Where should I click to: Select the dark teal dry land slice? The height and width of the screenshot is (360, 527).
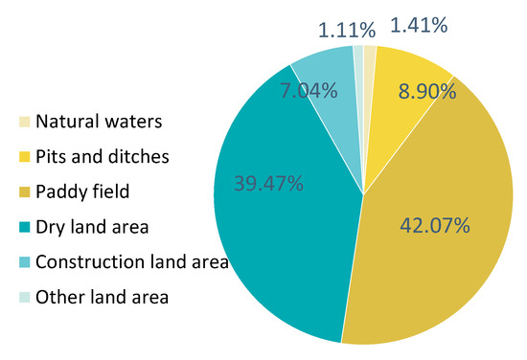pyautogui.click(x=278, y=239)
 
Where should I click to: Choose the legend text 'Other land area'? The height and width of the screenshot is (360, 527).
pyautogui.click(x=102, y=297)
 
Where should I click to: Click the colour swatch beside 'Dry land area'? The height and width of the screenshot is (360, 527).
pyautogui.click(x=24, y=227)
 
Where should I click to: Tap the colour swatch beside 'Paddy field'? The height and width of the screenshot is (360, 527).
pyautogui.click(x=24, y=191)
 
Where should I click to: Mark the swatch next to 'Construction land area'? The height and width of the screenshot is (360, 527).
pyautogui.click(x=24, y=262)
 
